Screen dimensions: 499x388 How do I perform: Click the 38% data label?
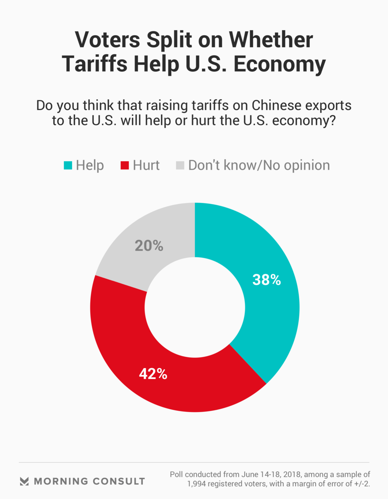click(266, 280)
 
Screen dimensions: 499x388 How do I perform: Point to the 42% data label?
click(153, 374)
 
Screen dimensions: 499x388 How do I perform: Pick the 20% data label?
click(149, 246)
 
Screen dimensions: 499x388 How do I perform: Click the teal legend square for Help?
click(68, 165)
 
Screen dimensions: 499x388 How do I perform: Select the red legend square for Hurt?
click(124, 165)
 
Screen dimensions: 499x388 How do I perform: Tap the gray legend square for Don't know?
click(180, 165)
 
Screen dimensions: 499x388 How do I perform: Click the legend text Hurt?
click(146, 165)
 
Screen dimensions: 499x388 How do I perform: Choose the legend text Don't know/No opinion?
click(259, 165)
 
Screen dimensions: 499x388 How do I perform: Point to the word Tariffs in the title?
click(94, 64)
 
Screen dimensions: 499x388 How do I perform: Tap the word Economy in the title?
click(279, 64)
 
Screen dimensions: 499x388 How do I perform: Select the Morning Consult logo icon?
click(24, 481)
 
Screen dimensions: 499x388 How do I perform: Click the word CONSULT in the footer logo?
click(119, 481)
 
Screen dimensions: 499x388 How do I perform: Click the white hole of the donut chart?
click(195, 307)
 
